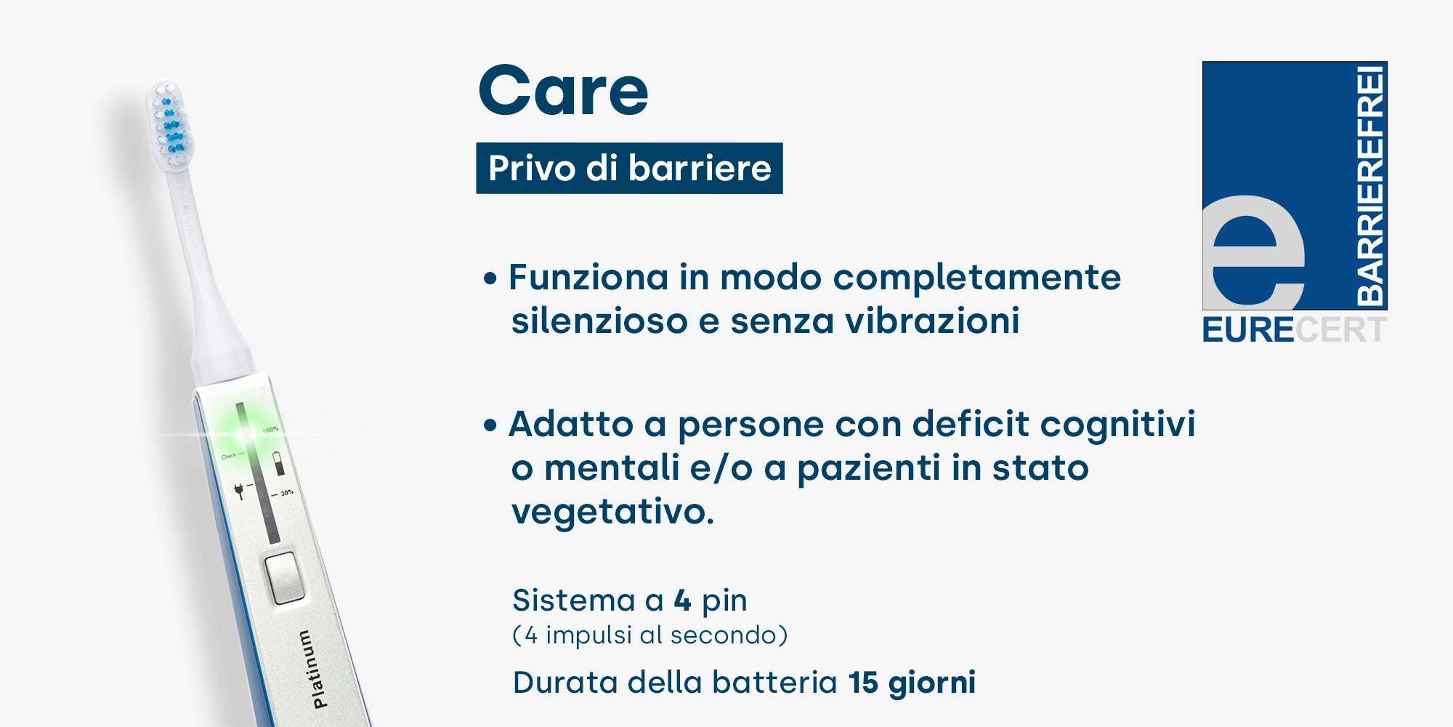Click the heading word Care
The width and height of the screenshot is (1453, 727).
[x=563, y=90]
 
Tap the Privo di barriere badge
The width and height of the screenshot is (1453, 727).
[x=629, y=168]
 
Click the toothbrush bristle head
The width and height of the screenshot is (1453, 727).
[x=170, y=124]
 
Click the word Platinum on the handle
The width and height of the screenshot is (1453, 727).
[x=320, y=669]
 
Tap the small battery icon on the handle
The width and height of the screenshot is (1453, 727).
[x=278, y=463]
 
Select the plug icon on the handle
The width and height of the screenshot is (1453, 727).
[x=239, y=491]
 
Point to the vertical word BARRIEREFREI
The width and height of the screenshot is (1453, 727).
[x=1370, y=185]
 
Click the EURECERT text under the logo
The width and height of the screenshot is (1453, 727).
[x=1295, y=330]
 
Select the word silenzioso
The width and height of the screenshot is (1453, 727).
[x=599, y=321]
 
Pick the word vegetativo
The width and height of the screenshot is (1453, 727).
[x=612, y=512]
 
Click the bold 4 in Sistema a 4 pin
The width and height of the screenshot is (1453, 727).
[x=682, y=601]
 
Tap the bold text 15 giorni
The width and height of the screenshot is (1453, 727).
[x=912, y=683]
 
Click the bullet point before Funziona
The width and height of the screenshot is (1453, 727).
[x=490, y=278]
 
